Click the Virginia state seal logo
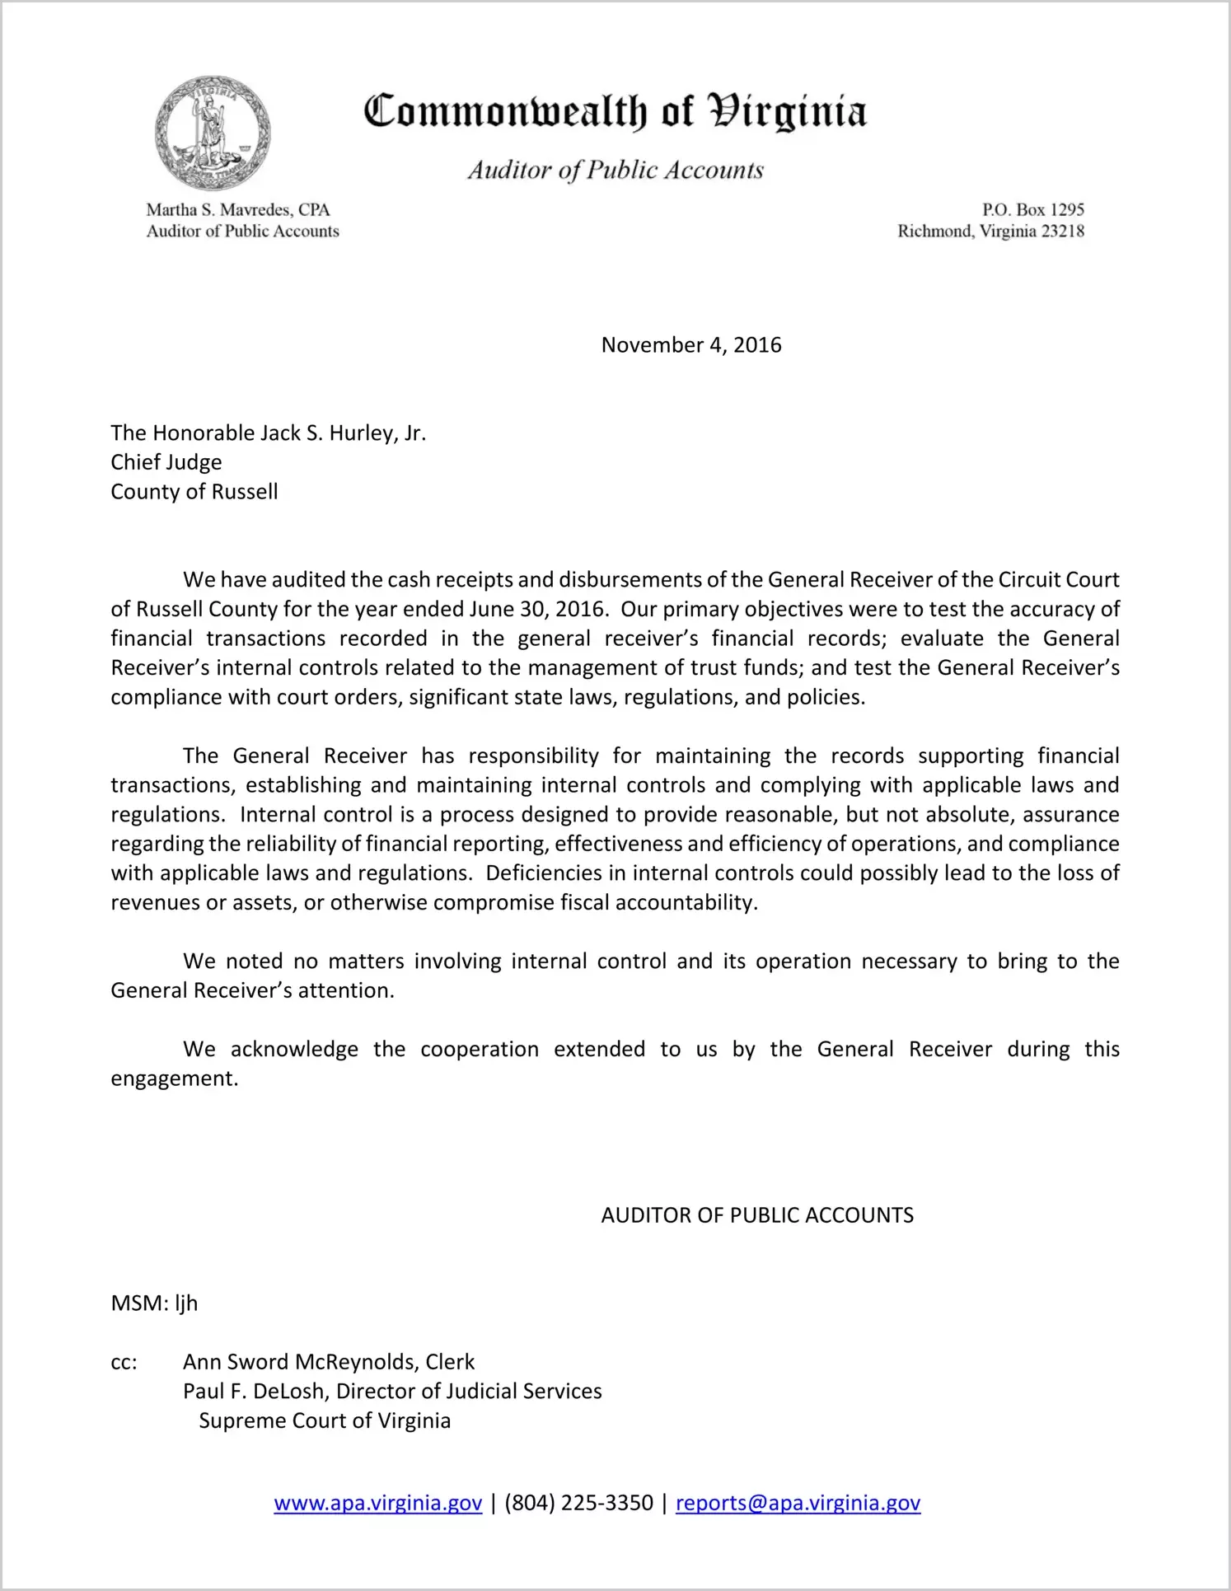[x=213, y=133]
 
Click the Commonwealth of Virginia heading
[x=615, y=111]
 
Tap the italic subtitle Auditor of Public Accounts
[x=615, y=170]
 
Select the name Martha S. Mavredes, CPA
[x=237, y=210]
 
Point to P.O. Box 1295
[x=1032, y=210]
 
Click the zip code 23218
[x=1062, y=232]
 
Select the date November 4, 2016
[x=690, y=344]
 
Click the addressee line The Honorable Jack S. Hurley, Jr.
[x=268, y=433]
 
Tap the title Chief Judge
[x=166, y=462]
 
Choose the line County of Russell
[x=194, y=492]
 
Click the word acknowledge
[x=294, y=1049]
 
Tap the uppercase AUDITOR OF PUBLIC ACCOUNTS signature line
[x=757, y=1215]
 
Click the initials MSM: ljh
[x=154, y=1303]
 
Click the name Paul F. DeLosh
[x=255, y=1392]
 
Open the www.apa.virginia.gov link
[x=377, y=1503]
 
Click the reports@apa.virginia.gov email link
[x=798, y=1503]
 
